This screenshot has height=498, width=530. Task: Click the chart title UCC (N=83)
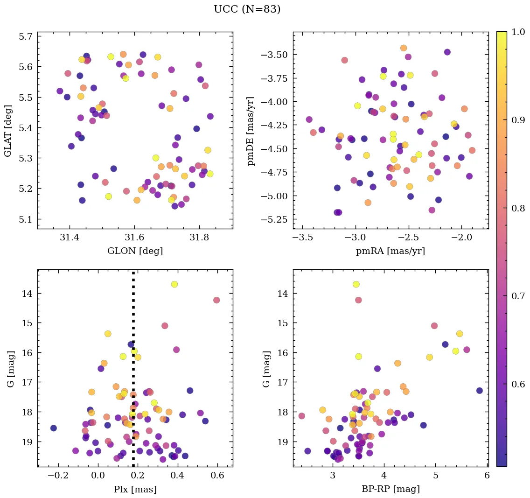(247, 9)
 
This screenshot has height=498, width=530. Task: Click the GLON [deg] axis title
(135, 251)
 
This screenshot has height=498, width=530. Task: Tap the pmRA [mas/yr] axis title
(391, 251)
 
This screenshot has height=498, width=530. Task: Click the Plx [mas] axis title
(135, 489)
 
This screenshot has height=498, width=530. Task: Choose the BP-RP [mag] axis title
(391, 489)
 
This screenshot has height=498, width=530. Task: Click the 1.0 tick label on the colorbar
(518, 32)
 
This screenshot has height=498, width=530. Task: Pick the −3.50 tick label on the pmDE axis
(271, 55)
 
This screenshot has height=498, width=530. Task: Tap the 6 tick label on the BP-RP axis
(487, 476)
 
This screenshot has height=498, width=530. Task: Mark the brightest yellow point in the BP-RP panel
(356, 284)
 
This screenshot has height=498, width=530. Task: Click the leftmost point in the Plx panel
(54, 428)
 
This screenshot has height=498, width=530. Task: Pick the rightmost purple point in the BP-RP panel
(480, 391)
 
